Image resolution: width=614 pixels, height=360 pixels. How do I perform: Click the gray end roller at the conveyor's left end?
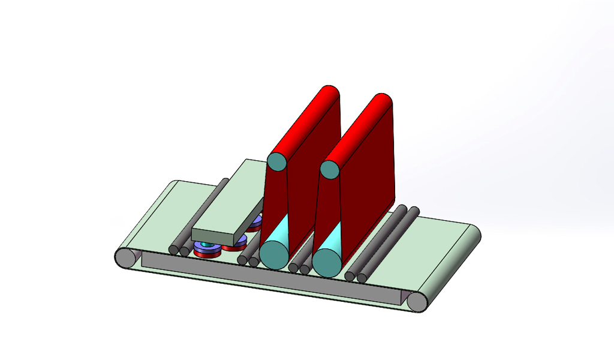coord(125,257)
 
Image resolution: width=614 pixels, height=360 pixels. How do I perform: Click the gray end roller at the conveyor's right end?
coord(419,301)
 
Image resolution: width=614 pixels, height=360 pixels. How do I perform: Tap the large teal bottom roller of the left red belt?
coord(272,254)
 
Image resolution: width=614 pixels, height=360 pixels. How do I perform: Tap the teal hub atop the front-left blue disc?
coord(206,245)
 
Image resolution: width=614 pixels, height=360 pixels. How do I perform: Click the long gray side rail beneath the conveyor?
coord(270,279)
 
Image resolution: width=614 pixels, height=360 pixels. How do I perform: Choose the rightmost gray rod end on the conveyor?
coord(362,278)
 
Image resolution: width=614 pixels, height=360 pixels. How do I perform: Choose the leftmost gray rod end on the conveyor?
coord(174,250)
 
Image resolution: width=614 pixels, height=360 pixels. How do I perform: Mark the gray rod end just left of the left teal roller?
coord(254,262)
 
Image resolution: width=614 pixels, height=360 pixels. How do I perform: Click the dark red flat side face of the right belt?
coord(372,168)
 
